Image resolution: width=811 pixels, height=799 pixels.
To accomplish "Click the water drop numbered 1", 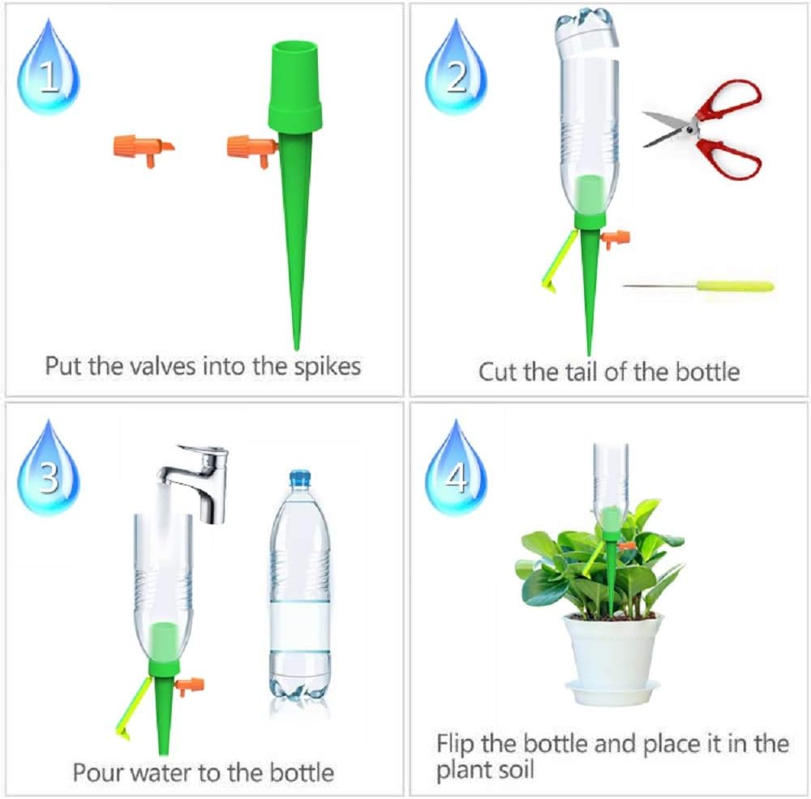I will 48,71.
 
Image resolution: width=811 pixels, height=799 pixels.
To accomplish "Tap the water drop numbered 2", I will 457,71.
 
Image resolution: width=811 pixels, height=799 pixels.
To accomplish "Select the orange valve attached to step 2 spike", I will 616,238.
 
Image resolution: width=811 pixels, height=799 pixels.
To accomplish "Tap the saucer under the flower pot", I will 613,692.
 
